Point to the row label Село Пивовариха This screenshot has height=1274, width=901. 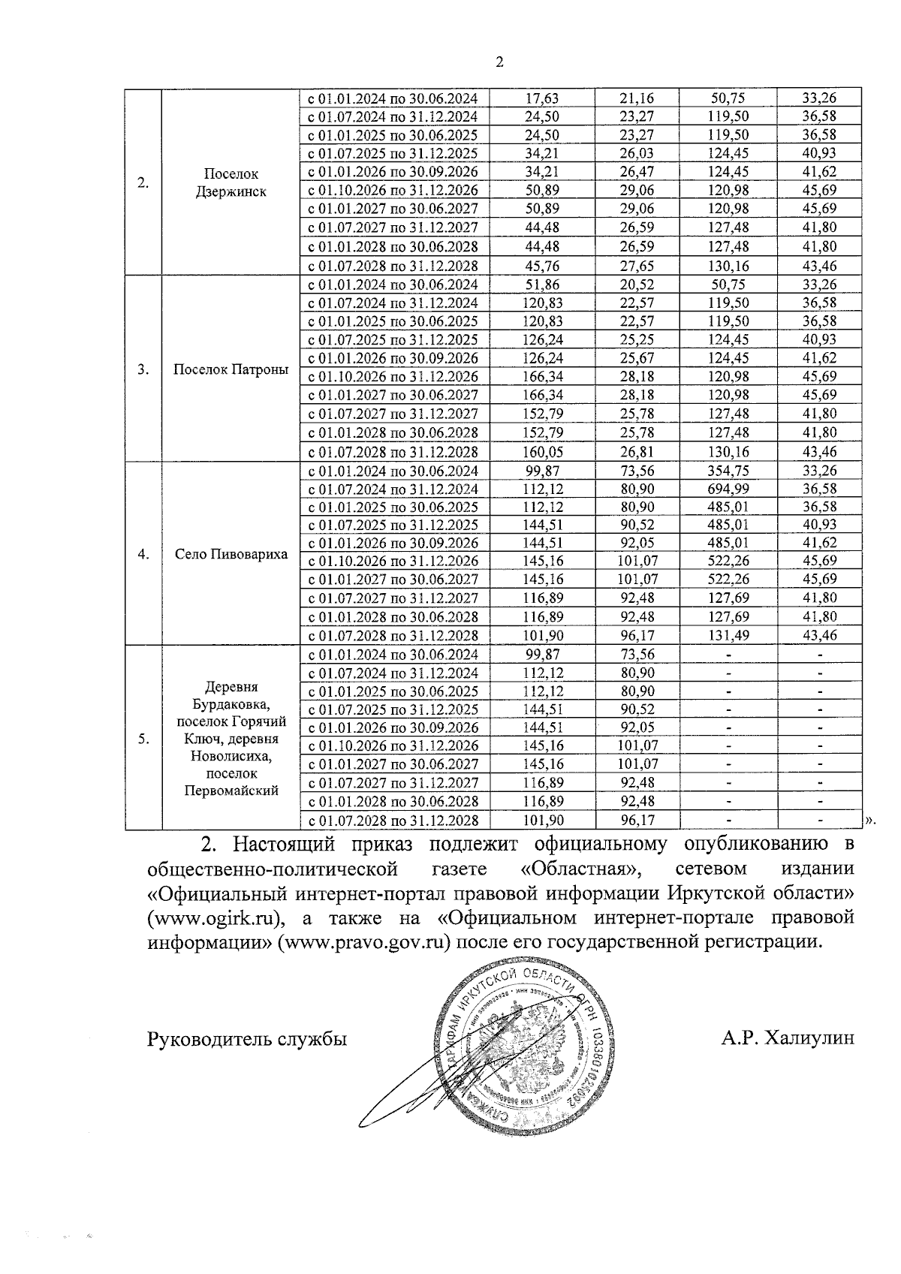pyautogui.click(x=231, y=554)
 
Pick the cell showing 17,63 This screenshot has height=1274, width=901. pyautogui.click(x=542, y=98)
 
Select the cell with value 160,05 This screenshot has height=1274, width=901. pyautogui.click(x=542, y=452)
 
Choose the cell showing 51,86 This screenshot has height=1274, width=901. pyautogui.click(x=542, y=285)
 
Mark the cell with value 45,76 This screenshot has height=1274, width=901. pyautogui.click(x=542, y=266)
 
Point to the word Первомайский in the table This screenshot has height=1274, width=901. pyautogui.click(x=231, y=791)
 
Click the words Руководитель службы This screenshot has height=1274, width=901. pyautogui.click(x=248, y=1040)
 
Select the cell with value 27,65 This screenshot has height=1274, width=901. pyautogui.click(x=637, y=266)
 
